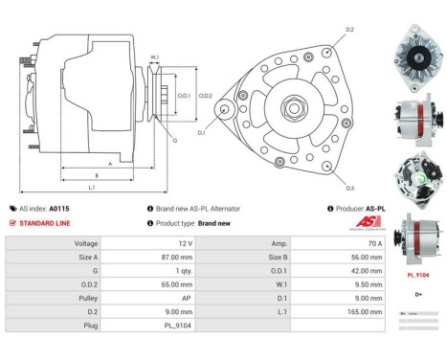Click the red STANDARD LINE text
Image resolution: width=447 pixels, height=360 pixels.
tap(44, 222)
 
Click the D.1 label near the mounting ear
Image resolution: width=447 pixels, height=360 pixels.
tap(202, 133)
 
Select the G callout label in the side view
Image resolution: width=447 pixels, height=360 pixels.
tap(174, 140)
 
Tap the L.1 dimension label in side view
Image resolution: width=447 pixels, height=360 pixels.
tap(91, 187)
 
